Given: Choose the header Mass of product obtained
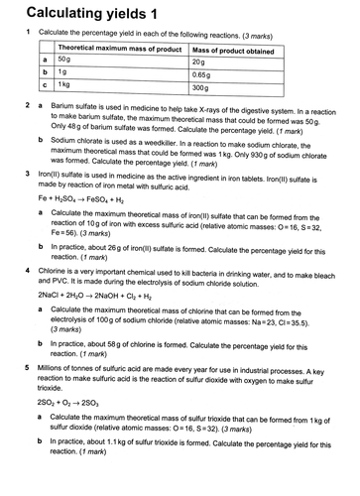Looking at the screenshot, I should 232,48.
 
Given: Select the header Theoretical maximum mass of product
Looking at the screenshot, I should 120,48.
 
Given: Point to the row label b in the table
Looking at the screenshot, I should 45,74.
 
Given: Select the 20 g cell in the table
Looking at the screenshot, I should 201,61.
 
